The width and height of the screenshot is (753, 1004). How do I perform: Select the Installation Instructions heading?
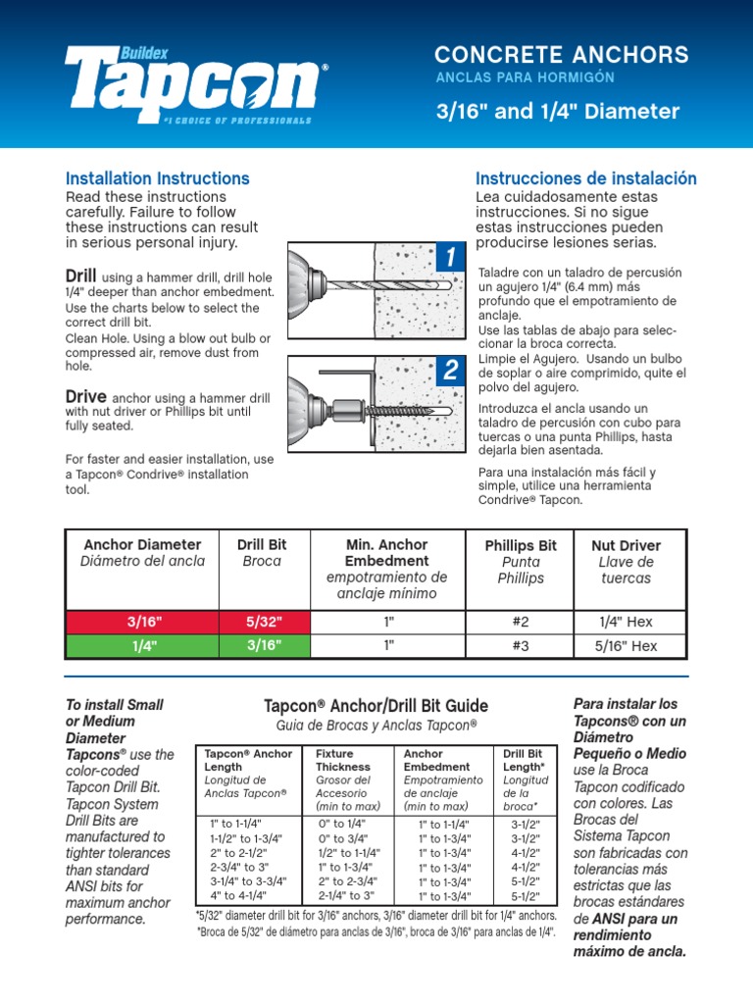[157, 178]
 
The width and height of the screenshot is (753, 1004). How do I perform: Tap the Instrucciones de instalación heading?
[585, 178]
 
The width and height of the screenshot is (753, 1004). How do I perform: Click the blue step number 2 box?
[449, 371]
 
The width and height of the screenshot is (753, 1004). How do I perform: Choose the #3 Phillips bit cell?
[521, 645]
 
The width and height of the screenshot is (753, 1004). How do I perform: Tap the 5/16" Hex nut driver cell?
[626, 645]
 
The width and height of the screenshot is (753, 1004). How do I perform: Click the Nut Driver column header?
[626, 561]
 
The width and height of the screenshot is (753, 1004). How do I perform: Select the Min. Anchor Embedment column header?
[387, 569]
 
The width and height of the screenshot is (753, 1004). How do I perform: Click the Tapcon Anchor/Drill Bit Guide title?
[376, 706]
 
